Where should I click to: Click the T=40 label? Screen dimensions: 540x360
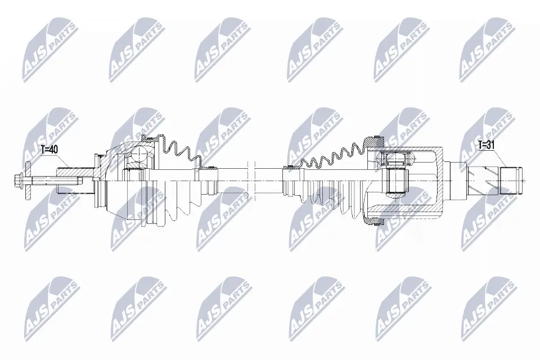click(x=49, y=150)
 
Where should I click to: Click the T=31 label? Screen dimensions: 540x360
click(x=486, y=145)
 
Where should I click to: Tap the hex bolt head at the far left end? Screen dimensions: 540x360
click(x=17, y=179)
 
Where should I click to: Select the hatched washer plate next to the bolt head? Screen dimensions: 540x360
click(x=28, y=179)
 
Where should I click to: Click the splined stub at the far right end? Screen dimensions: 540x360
click(x=511, y=181)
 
